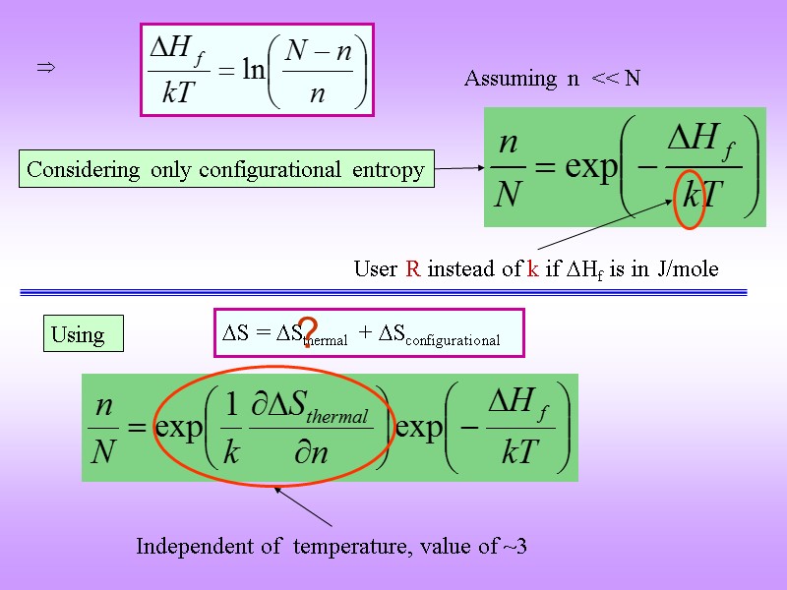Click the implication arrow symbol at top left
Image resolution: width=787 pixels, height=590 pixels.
[x=44, y=68]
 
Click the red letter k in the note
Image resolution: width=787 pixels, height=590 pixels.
[x=532, y=268]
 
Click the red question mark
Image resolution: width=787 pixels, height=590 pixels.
[x=308, y=332]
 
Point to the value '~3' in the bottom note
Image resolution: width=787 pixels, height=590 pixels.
[x=515, y=546]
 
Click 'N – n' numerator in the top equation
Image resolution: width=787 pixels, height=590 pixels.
[x=318, y=53]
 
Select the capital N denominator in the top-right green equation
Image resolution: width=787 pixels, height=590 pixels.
[x=508, y=194]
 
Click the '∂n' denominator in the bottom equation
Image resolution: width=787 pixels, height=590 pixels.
[x=320, y=453]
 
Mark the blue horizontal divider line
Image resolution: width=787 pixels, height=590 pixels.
[x=393, y=292]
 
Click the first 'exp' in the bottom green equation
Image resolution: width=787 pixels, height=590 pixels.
[x=179, y=429]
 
